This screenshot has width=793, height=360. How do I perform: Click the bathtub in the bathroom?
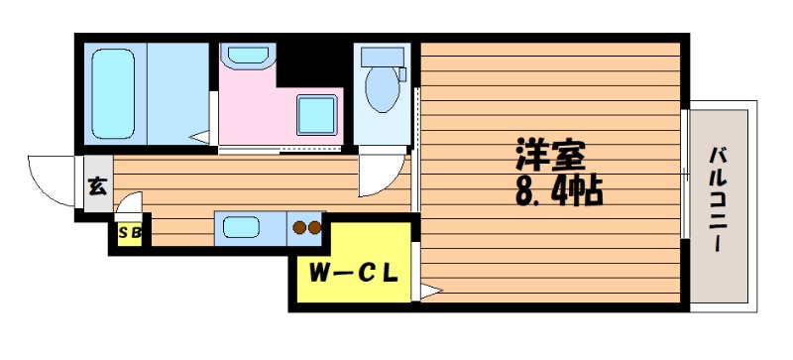113,93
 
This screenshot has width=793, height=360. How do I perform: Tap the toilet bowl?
383,88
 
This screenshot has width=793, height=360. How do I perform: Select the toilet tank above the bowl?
383,57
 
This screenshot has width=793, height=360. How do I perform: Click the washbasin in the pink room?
247,55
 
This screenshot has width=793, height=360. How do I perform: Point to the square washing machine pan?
316,115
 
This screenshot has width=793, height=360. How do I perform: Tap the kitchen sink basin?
241,227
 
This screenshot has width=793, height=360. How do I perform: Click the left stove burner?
299,228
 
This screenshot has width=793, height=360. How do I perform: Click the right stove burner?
314,228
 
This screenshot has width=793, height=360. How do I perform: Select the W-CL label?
354,274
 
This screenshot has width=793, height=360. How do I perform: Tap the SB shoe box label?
130,234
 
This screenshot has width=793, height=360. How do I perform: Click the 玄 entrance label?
98,186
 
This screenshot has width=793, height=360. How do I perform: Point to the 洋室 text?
551,154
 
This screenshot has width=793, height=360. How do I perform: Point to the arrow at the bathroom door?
199,137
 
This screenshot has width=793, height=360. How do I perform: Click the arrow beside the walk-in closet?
432,292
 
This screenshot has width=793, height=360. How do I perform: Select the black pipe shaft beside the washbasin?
309,64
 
